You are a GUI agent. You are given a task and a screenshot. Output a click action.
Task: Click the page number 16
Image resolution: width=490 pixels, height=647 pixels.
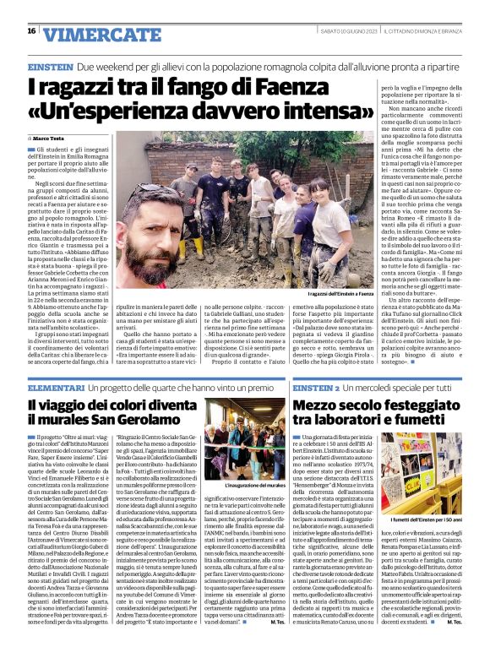(31, 31)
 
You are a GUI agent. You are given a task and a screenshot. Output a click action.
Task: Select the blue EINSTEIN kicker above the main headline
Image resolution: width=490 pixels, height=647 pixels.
(50, 65)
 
